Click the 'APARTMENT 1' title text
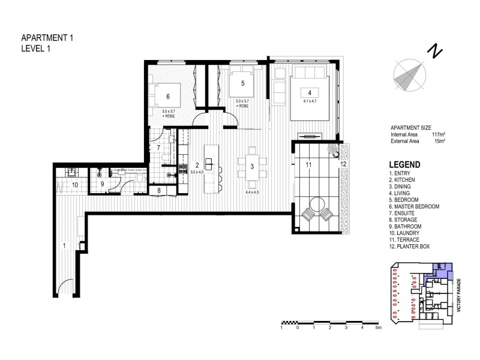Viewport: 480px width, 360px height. click(x=47, y=37)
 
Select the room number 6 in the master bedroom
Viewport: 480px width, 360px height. click(x=168, y=96)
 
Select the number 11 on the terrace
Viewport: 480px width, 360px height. click(x=308, y=163)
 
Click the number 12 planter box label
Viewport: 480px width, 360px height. click(x=344, y=163)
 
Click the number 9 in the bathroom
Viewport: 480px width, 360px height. click(x=102, y=184)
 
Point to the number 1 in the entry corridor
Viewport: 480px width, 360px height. click(x=64, y=244)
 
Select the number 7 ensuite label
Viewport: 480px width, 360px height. click(x=158, y=147)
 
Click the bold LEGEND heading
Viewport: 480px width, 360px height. click(x=404, y=164)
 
